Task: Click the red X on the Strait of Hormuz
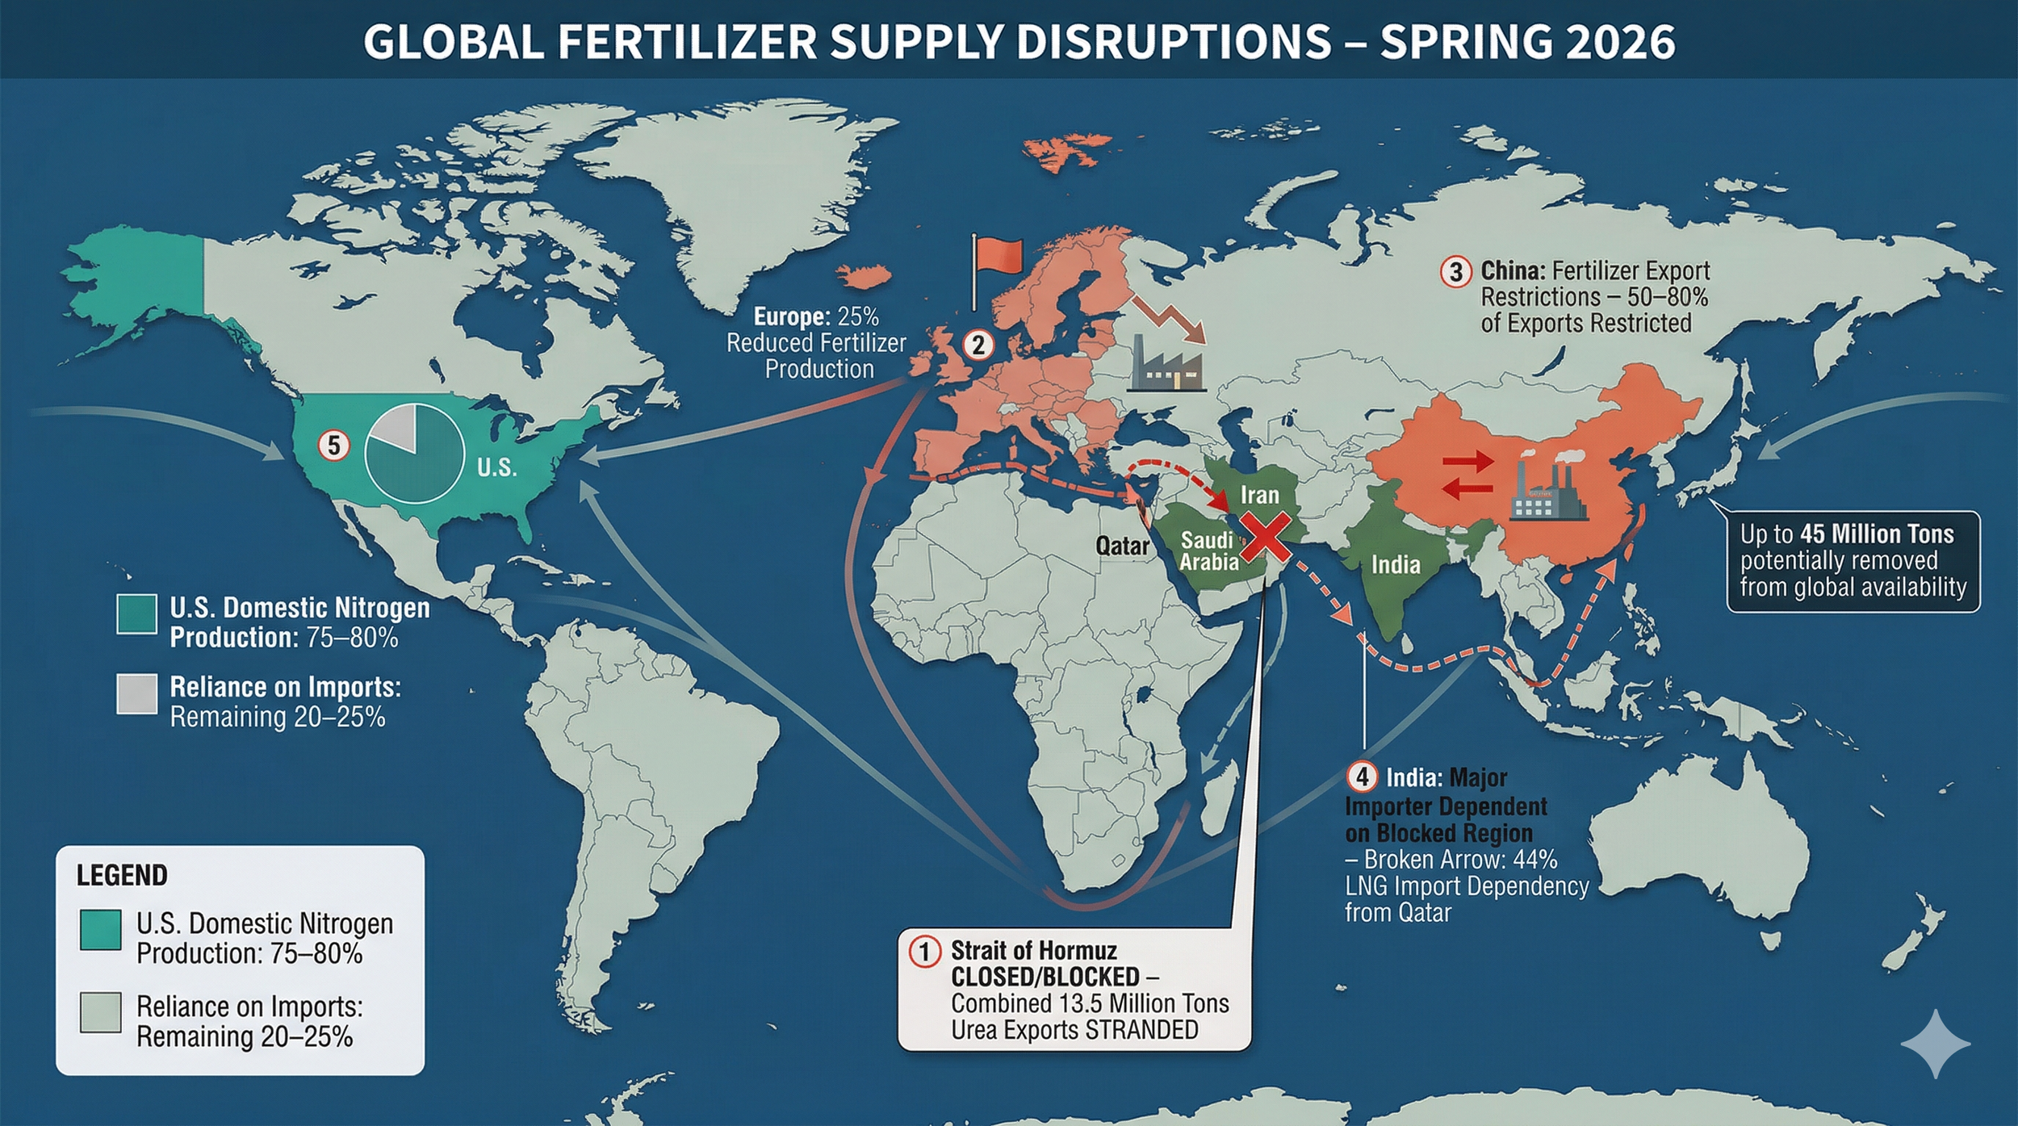(x=1264, y=538)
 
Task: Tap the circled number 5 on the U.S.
(x=333, y=445)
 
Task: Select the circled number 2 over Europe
(x=978, y=345)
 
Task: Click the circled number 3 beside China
(x=1456, y=272)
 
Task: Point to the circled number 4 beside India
(x=1362, y=777)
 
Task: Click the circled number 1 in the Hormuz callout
(x=925, y=951)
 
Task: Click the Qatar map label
(x=1122, y=546)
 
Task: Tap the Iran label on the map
(x=1259, y=495)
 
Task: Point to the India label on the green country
(x=1396, y=564)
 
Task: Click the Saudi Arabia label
(x=1208, y=550)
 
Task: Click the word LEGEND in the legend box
(x=122, y=876)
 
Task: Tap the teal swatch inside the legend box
(x=101, y=930)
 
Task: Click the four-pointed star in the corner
(x=1936, y=1044)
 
